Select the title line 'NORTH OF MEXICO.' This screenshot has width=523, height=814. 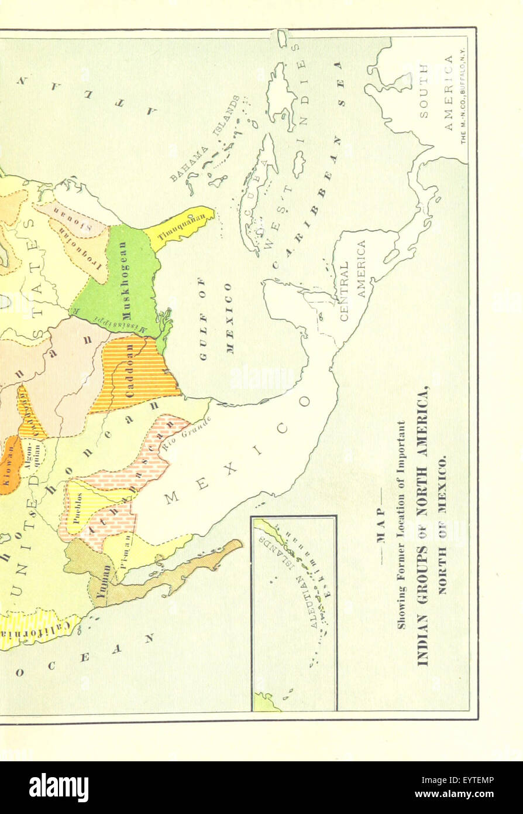click(x=442, y=525)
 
